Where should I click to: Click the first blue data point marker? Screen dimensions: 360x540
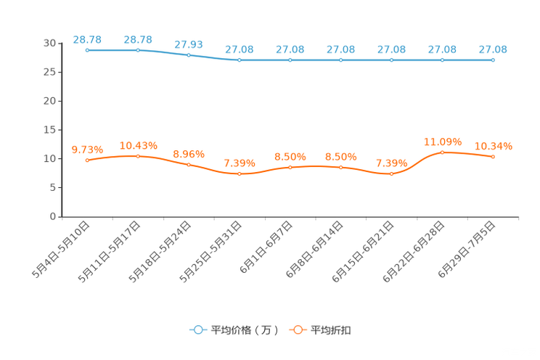tap(87, 50)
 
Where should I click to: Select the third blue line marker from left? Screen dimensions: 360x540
tap(189, 55)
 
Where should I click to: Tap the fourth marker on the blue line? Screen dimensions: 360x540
tap(240, 60)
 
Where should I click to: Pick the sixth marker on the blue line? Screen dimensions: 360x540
tap(341, 60)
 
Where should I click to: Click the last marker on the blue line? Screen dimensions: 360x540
tap(494, 60)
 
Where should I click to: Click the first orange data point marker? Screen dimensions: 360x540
tap(87, 160)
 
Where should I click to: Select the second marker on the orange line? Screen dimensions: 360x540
tap(138, 156)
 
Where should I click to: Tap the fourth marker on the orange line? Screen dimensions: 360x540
tap(240, 173)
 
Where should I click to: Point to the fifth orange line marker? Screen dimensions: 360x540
tap(290, 167)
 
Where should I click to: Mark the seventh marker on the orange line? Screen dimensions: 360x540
tap(392, 173)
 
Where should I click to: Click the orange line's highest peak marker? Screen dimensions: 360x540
tap(443, 152)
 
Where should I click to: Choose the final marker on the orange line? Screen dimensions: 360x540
tap(494, 157)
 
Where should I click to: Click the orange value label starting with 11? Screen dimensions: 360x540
tap(443, 141)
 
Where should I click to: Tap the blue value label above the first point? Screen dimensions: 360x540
tap(87, 39)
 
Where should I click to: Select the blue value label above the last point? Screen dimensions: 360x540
tap(494, 49)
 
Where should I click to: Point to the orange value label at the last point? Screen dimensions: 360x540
tap(494, 146)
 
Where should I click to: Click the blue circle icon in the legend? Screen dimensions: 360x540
tap(197, 330)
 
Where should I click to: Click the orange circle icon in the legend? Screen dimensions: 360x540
tap(296, 330)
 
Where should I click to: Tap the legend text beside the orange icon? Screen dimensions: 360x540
tap(332, 330)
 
